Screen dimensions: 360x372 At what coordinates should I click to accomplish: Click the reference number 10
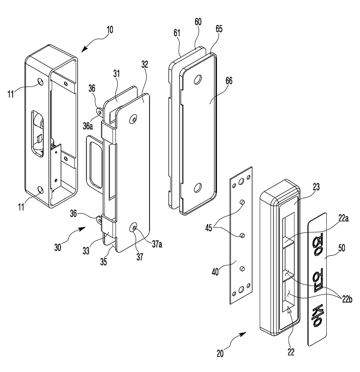(110, 30)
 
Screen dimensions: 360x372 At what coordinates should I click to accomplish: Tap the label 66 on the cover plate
(229, 81)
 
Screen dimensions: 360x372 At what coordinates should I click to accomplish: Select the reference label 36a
(88, 126)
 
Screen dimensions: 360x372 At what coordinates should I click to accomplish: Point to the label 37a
(157, 244)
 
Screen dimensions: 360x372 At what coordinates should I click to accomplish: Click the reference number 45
(209, 229)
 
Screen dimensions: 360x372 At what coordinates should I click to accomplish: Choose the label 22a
(343, 218)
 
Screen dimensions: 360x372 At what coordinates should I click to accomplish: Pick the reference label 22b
(347, 299)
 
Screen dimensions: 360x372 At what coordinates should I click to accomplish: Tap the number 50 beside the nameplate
(341, 248)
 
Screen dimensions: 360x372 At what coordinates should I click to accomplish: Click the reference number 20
(220, 354)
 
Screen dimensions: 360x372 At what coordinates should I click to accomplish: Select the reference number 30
(58, 247)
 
